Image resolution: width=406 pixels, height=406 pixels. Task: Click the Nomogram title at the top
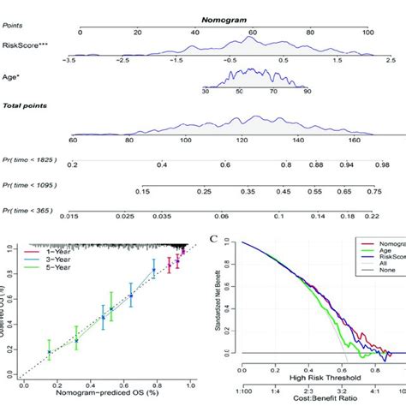click(224, 18)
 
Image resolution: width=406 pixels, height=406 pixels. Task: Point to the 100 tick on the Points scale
click(369, 33)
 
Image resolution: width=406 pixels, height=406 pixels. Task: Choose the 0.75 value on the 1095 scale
click(373, 193)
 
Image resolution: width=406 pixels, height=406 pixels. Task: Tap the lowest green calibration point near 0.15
click(48, 352)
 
